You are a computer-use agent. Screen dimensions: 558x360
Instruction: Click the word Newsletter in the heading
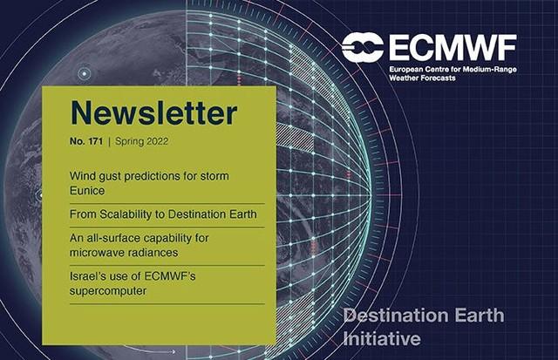point(153,112)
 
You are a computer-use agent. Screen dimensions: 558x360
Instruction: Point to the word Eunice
point(87,190)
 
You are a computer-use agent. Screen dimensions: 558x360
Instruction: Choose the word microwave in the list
point(93,253)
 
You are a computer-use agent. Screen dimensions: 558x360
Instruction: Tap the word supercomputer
point(108,291)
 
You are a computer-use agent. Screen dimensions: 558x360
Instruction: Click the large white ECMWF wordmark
point(453,48)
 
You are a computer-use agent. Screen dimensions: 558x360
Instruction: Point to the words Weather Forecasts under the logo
point(422,78)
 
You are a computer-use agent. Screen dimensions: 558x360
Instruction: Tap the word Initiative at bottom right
point(382,338)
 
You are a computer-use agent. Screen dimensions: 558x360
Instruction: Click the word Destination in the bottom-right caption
point(391,316)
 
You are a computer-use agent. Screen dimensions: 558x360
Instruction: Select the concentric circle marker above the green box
point(85,74)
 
